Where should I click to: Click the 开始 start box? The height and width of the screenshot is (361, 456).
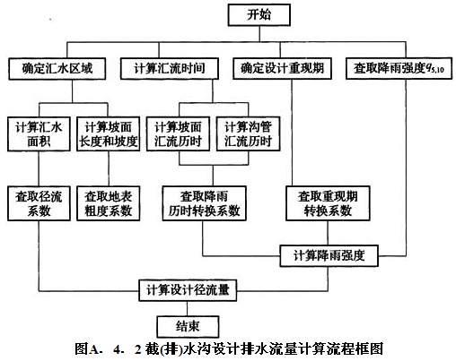(259, 15)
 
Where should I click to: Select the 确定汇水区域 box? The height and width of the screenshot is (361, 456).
(57, 69)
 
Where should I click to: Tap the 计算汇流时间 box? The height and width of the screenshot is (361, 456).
(170, 69)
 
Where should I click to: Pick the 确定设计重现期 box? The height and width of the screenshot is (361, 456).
(282, 69)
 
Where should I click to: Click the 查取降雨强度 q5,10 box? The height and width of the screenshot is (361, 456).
(399, 69)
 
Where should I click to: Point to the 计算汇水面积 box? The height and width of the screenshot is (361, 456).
(39, 133)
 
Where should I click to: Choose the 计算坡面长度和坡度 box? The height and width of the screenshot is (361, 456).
(109, 133)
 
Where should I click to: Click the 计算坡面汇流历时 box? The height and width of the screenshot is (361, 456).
(178, 133)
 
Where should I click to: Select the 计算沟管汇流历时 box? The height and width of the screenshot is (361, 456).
(248, 133)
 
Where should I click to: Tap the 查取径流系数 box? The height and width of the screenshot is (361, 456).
(39, 203)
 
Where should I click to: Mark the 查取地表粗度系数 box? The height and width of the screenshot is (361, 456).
(109, 203)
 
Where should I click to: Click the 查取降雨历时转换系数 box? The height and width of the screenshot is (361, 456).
(205, 203)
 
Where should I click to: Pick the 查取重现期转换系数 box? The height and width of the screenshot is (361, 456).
(328, 203)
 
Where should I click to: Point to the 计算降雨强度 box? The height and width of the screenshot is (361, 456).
(329, 256)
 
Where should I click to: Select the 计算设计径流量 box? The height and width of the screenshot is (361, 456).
(188, 290)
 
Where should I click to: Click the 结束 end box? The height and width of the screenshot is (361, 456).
(188, 327)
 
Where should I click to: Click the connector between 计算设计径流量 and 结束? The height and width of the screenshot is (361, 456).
(188, 308)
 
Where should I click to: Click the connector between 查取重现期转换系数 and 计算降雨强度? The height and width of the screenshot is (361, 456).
(328, 233)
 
